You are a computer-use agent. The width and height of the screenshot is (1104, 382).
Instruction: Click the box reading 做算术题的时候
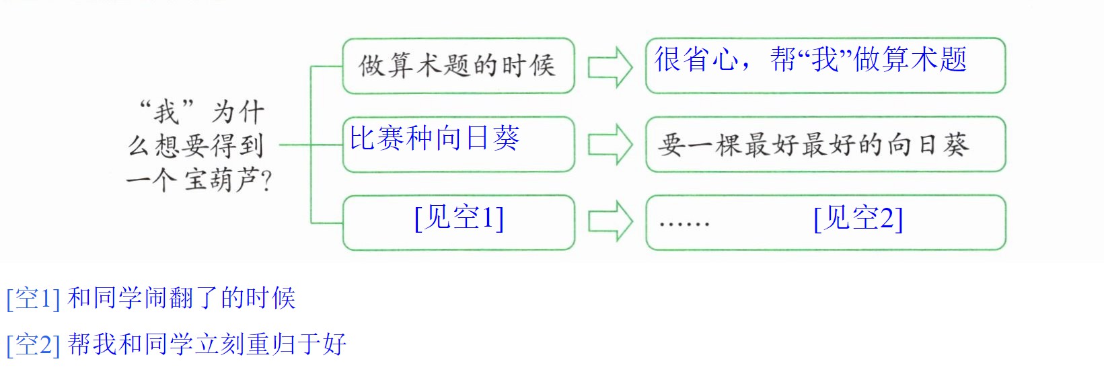pos(458,66)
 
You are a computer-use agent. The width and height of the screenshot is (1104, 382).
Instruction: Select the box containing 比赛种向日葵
pos(458,145)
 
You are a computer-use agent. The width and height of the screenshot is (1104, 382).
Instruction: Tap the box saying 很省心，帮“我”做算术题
pos(825,65)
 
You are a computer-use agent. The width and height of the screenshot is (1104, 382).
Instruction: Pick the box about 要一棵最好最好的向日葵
pos(825,145)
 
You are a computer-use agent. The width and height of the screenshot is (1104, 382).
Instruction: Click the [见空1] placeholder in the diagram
pos(459,217)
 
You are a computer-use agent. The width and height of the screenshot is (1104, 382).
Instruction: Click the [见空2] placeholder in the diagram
pos(858,218)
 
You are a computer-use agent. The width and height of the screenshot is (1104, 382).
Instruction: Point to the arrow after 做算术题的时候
pos(610,67)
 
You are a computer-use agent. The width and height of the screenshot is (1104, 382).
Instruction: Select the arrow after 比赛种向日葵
pos(610,145)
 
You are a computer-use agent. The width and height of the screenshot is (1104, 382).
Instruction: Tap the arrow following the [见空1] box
pos(610,222)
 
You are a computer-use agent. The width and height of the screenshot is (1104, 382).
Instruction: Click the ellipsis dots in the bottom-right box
pos(685,224)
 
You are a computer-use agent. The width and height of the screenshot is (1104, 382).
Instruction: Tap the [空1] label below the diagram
pos(33,299)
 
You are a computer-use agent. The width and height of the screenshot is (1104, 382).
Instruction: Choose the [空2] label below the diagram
pos(33,344)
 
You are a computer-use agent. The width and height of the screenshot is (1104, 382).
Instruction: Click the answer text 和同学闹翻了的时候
pos(182,298)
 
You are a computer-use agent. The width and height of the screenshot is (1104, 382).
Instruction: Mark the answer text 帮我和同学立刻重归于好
pos(207,344)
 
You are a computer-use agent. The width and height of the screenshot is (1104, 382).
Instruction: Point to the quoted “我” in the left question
pos(167,112)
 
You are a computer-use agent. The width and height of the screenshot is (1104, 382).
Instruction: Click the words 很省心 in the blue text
pos(696,59)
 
